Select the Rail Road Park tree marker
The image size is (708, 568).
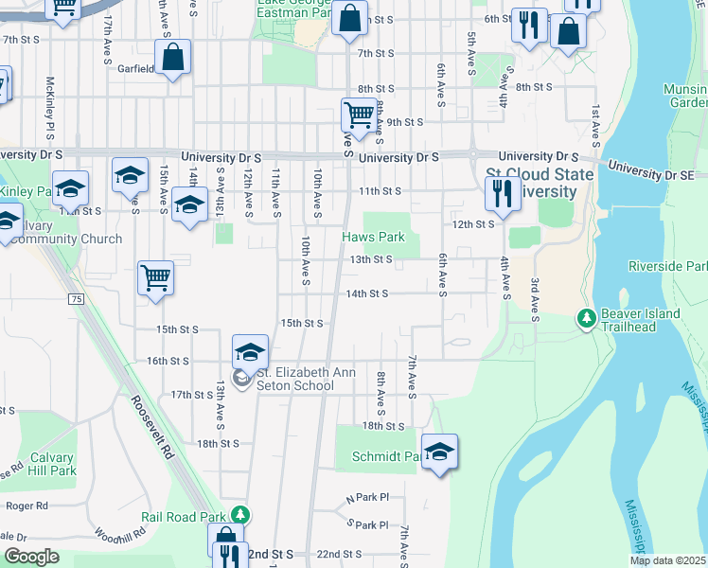pyautogui.click(x=242, y=515)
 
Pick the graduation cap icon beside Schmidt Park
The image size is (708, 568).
pyautogui.click(x=440, y=453)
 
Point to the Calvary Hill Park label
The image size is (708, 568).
pyautogui.click(x=52, y=463)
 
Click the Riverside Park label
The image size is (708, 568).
pyautogui.click(x=665, y=266)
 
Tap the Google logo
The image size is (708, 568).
pyautogui.click(x=30, y=557)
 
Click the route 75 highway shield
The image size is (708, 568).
pyautogui.click(x=75, y=299)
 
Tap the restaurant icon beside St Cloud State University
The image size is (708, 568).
pyautogui.click(x=500, y=193)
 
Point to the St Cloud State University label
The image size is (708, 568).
pyautogui.click(x=540, y=183)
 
